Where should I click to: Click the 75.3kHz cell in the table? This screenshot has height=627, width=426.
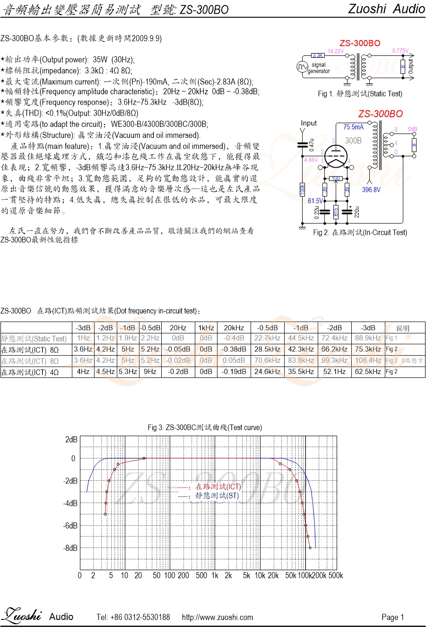coord(368,349)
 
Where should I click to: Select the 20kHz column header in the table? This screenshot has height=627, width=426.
coord(234,328)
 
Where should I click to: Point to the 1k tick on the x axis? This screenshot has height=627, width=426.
coord(215,576)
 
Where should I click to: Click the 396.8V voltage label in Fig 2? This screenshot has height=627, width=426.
coord(371,190)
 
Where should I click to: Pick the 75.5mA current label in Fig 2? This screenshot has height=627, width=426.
coord(354,127)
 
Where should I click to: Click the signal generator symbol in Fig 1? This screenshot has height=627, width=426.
coord(302,67)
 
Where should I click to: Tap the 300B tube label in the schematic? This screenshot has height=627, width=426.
coord(353,141)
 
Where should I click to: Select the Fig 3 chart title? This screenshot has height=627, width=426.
coord(205,428)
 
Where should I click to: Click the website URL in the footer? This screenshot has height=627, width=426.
coord(217,617)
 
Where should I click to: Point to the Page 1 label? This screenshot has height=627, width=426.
coord(392,617)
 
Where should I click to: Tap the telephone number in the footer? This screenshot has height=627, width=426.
coord(133,617)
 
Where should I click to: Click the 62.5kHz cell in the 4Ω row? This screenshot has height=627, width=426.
coord(368,372)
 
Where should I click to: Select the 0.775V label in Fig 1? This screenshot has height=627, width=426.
coord(400,51)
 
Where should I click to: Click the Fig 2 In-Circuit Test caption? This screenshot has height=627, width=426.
coord(360,233)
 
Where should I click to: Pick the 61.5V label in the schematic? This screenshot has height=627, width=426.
coord(315,201)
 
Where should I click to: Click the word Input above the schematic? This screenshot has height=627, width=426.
coord(309,123)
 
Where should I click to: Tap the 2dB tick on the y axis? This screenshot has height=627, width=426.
coord(71,440)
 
